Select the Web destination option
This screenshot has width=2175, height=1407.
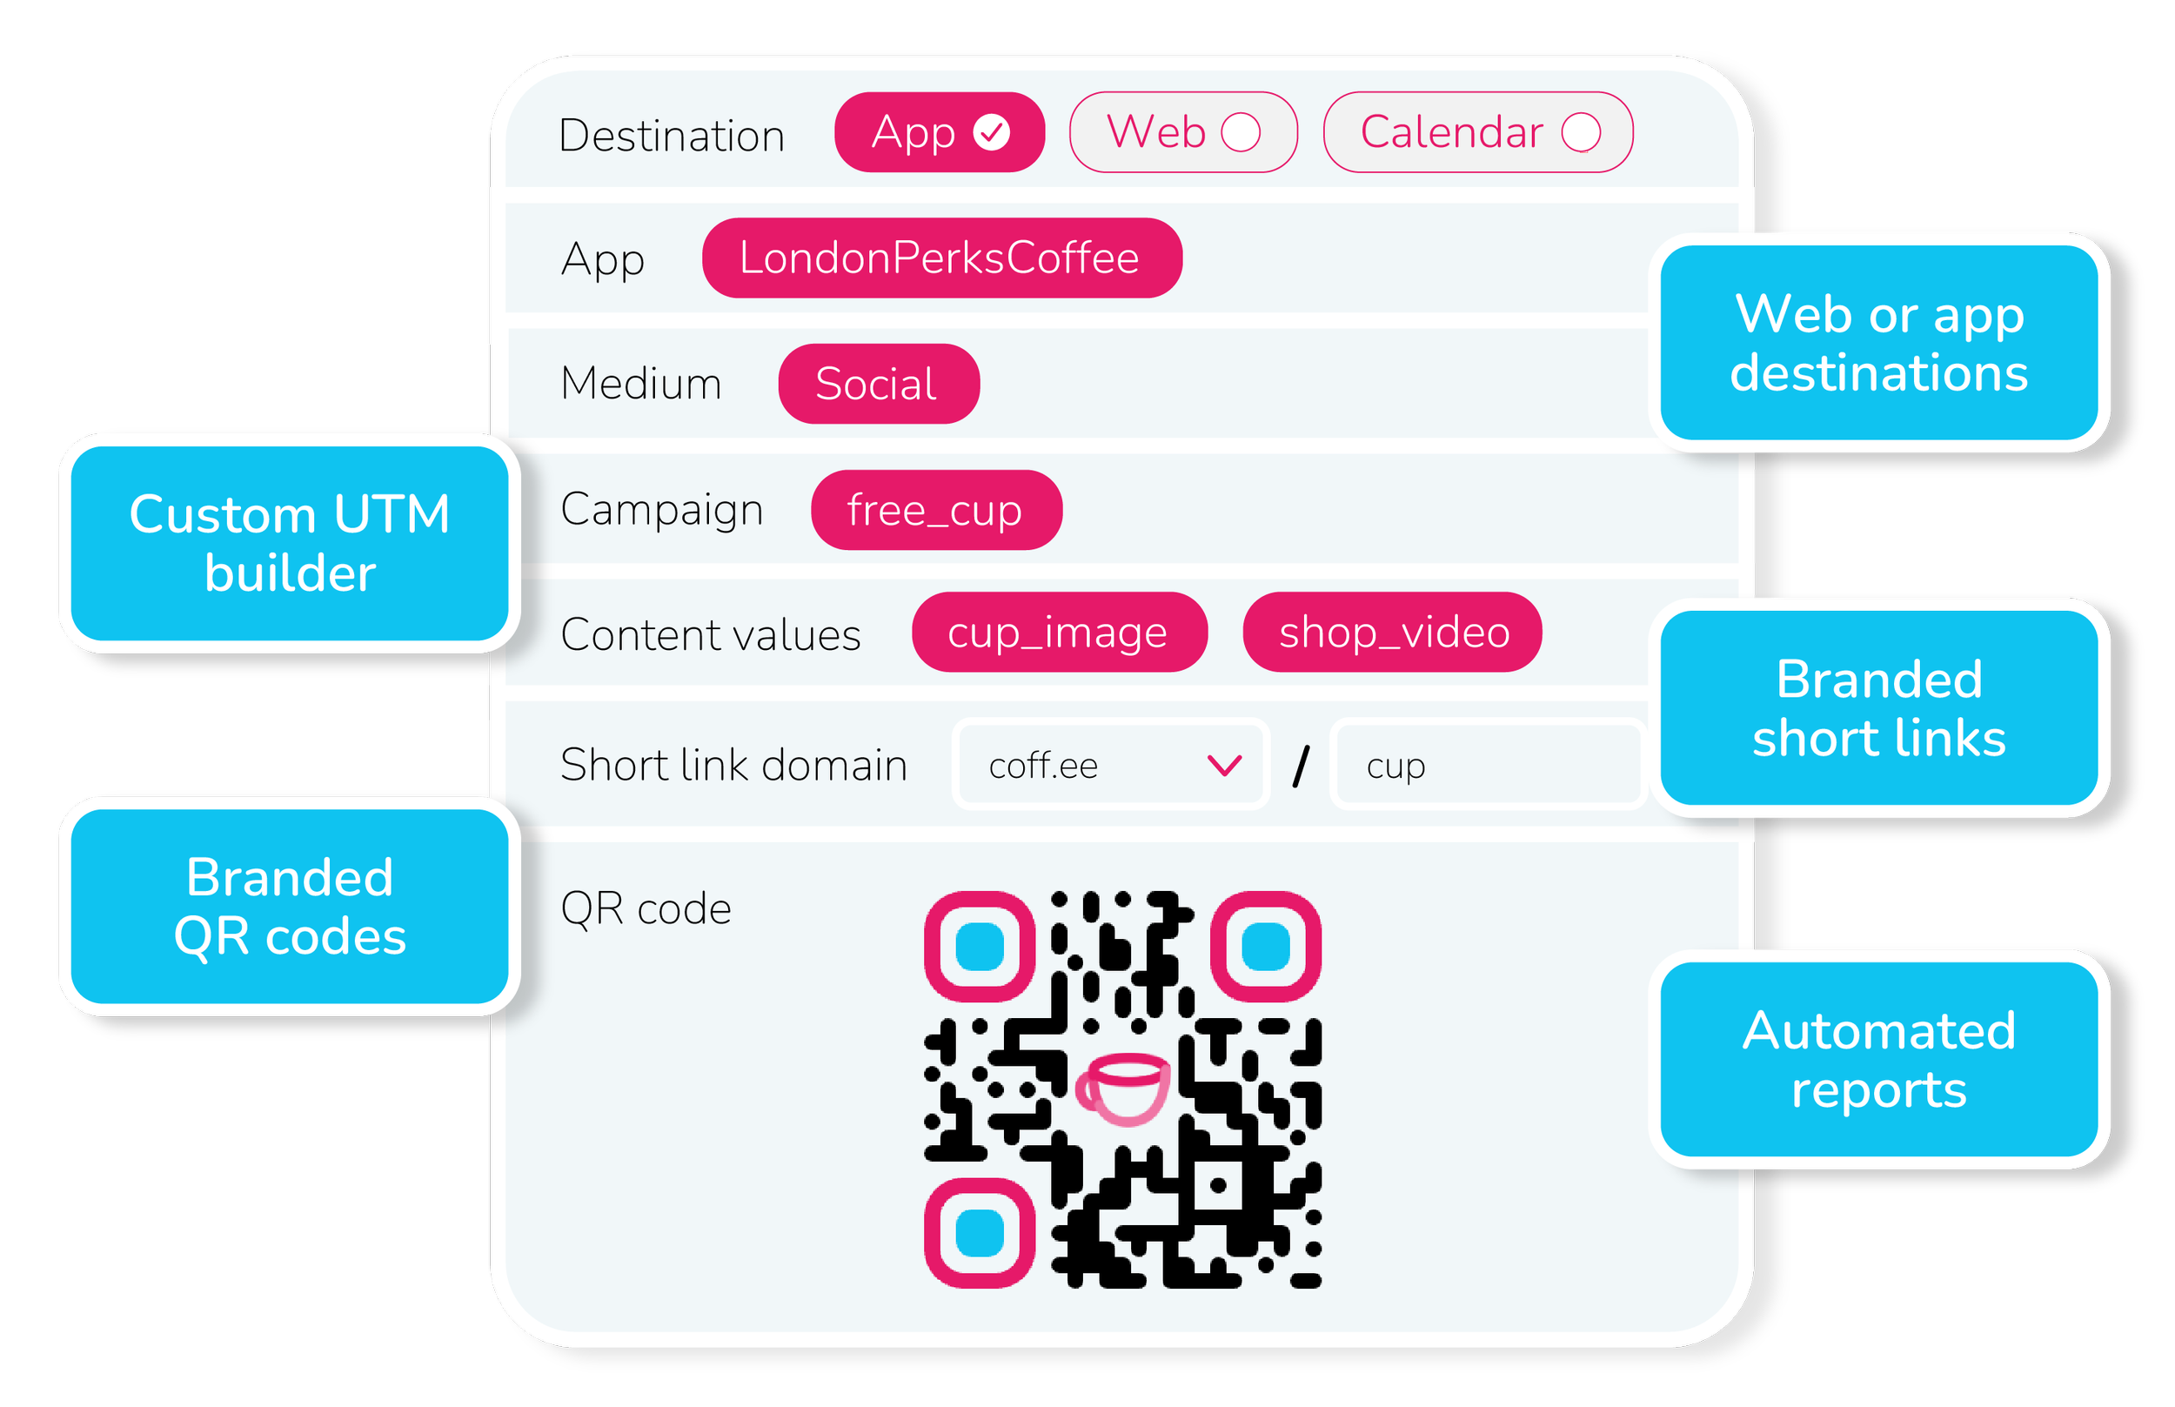coord(1182,132)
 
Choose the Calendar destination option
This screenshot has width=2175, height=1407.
coord(1477,132)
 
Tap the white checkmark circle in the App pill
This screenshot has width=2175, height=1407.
coord(991,132)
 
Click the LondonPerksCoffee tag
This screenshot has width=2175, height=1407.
coord(940,258)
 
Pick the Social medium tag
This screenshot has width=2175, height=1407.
coord(878,384)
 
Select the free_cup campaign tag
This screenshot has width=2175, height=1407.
coord(935,510)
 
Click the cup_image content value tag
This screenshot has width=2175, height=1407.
coord(1059,633)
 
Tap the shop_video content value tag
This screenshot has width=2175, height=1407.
coord(1392,633)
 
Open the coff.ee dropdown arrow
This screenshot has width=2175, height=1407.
coord(1224,765)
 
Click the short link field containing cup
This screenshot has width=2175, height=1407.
coord(1486,766)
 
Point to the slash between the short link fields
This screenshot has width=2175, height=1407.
coord(1301,766)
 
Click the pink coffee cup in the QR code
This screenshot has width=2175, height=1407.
coord(1123,1089)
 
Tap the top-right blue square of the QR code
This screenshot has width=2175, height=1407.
coord(1265,946)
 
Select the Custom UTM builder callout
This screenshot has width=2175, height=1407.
coord(290,543)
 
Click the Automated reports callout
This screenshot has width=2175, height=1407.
coord(1879,1060)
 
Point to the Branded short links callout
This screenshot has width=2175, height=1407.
coord(1879,708)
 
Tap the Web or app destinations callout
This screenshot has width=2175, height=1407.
coord(1879,343)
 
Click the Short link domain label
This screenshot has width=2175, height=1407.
coord(733,766)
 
